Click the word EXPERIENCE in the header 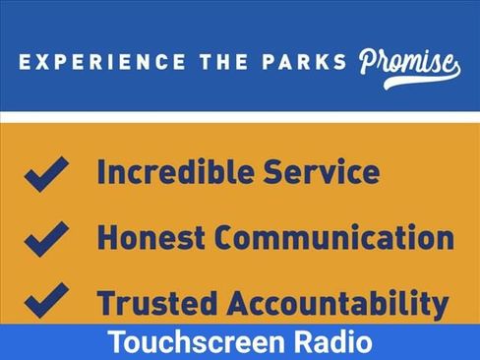click(x=102, y=62)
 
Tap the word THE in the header click(x=224, y=62)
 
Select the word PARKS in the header click(x=304, y=62)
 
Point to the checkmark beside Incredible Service click(x=46, y=174)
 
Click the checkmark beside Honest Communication click(x=46, y=239)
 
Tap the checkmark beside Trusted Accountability click(x=46, y=300)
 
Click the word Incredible click(x=176, y=171)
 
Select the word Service click(x=322, y=171)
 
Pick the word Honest click(x=151, y=237)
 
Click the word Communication click(x=334, y=237)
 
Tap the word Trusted click(x=157, y=302)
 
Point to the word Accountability click(x=337, y=304)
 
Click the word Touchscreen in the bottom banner click(x=196, y=341)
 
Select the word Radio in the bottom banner click(x=332, y=341)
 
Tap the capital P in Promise click(x=370, y=62)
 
